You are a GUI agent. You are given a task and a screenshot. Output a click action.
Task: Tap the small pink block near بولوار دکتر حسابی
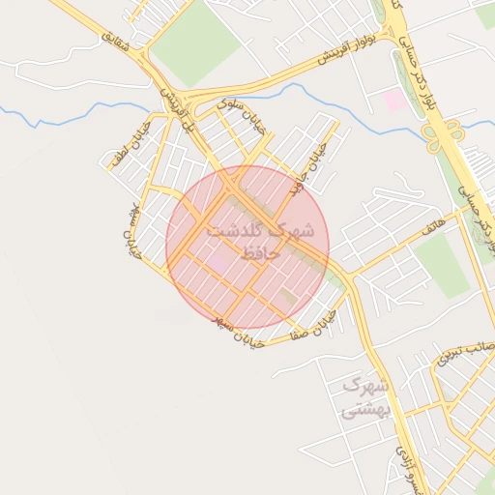[x=394, y=99]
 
